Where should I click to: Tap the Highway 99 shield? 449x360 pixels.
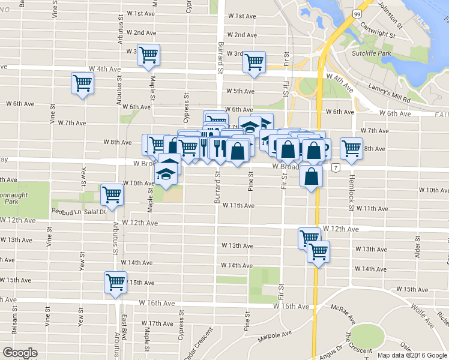point(357,14)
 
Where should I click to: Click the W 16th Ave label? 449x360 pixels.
point(291,306)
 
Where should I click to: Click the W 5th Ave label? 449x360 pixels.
point(240,91)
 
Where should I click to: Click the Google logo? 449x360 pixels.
point(20,353)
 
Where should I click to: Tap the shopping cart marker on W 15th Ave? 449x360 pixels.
point(115,281)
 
